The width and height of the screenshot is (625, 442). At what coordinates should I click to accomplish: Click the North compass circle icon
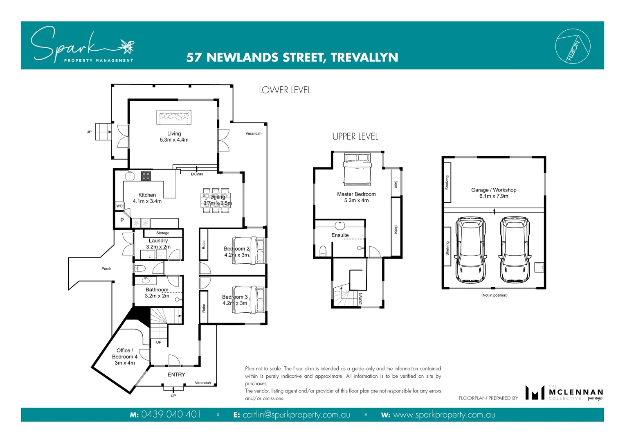pyautogui.click(x=573, y=46)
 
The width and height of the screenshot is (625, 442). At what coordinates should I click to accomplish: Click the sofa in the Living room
pyautogui.click(x=174, y=117)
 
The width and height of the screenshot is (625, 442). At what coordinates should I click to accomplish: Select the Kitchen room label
pyautogui.click(x=147, y=195)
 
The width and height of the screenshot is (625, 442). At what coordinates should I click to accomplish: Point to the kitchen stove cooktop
pyautogui.click(x=146, y=176)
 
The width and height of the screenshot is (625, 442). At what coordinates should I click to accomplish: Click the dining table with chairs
pyautogui.click(x=217, y=201)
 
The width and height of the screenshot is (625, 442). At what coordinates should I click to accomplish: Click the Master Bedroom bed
pyautogui.click(x=357, y=169)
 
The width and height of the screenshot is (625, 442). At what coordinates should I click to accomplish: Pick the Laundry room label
pyautogui.click(x=158, y=241)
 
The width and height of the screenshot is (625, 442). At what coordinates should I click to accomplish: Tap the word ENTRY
pyautogui.click(x=176, y=374)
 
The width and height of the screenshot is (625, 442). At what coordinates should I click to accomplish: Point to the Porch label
pyautogui.click(x=106, y=269)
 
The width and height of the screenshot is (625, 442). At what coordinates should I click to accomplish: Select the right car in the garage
pyautogui.click(x=515, y=250)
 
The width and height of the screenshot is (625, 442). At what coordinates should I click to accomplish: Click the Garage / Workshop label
pyautogui.click(x=494, y=190)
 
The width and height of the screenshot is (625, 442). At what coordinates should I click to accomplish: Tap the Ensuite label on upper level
pyautogui.click(x=340, y=235)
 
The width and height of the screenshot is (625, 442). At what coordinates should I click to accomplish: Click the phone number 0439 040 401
pyautogui.click(x=171, y=415)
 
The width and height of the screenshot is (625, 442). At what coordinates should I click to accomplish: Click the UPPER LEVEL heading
pyautogui.click(x=355, y=137)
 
